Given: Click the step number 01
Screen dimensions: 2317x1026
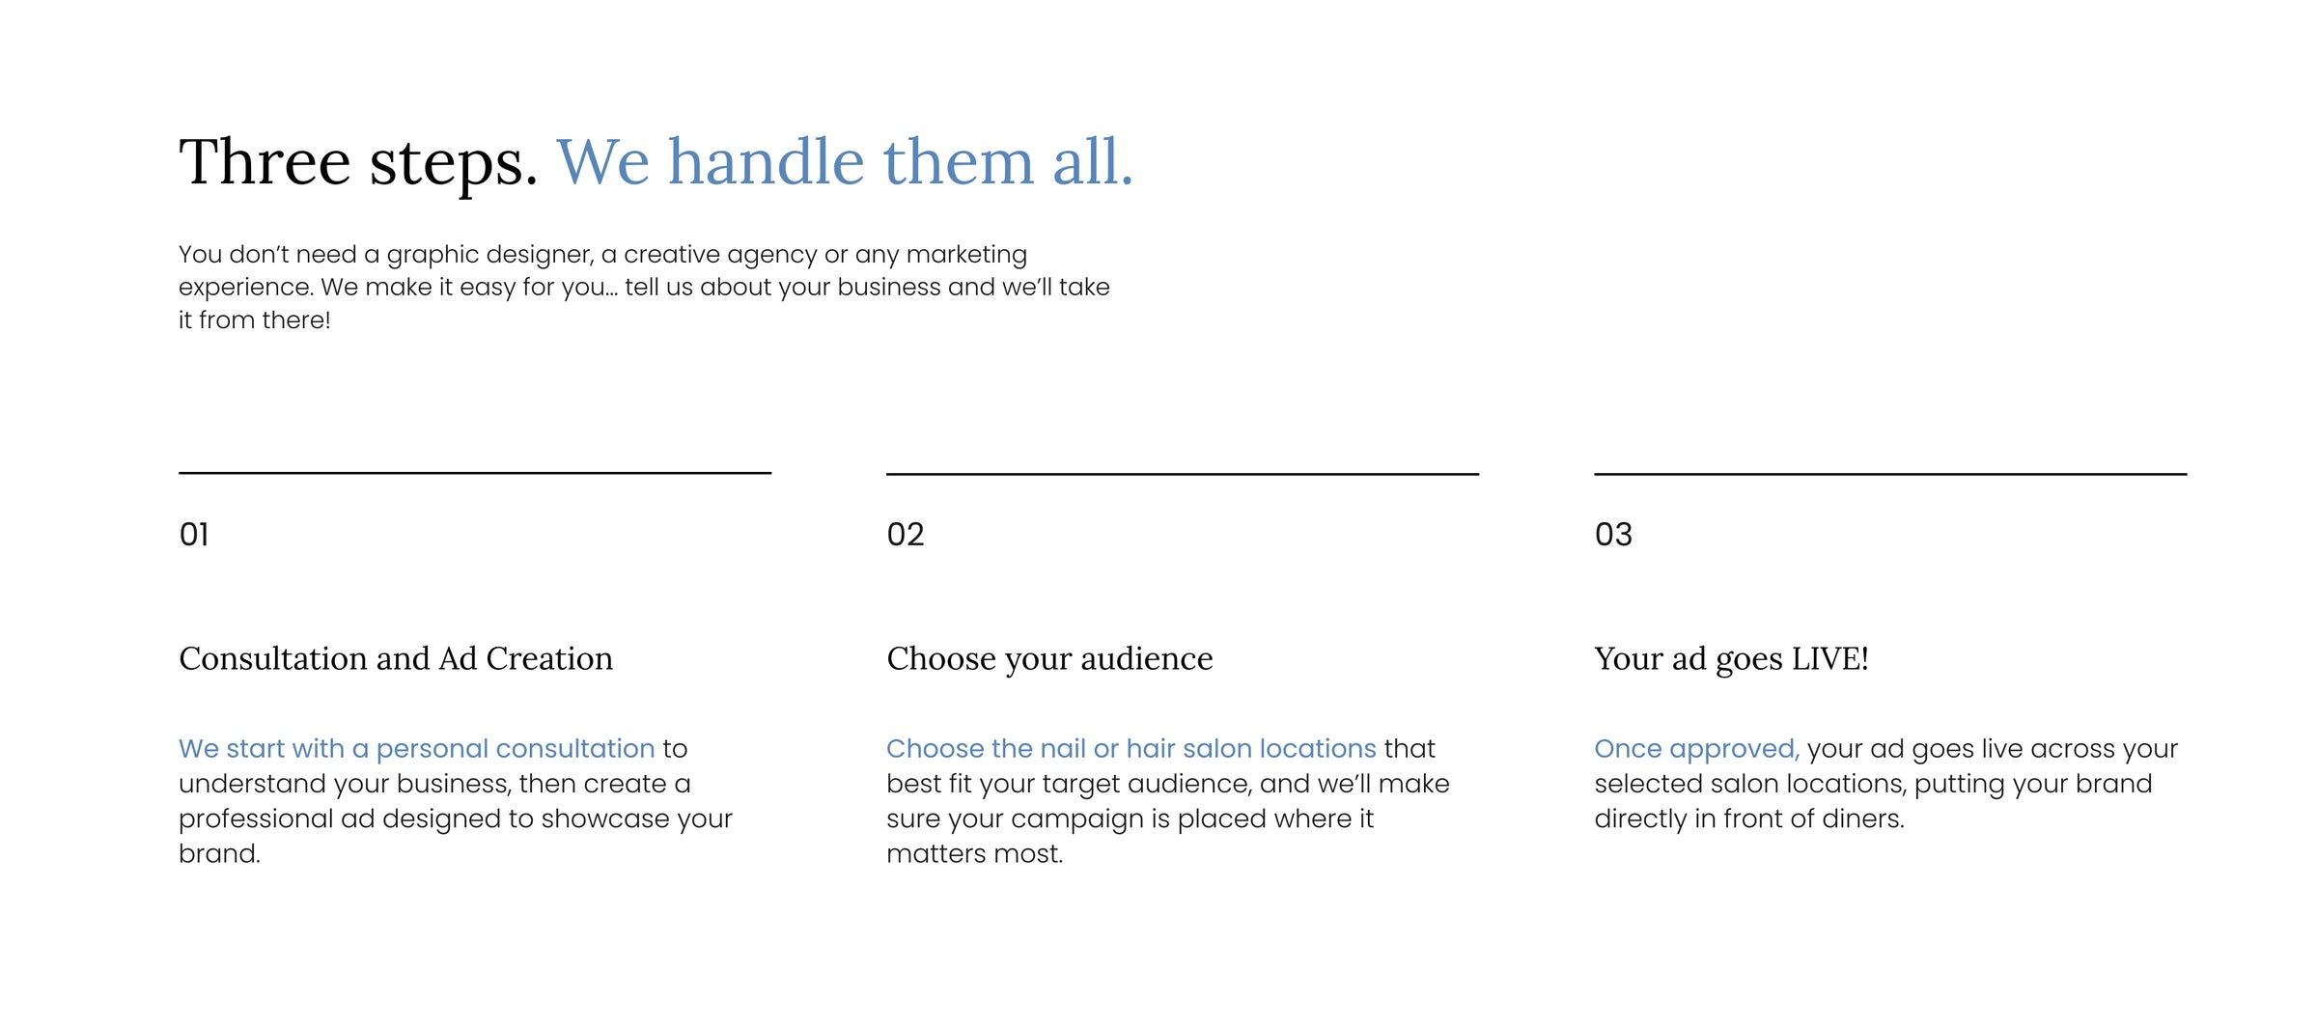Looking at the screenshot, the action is coord(194,534).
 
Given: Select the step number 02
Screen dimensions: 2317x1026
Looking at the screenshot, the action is coord(906,534).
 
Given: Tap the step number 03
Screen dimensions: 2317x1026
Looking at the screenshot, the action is coord(1613,534).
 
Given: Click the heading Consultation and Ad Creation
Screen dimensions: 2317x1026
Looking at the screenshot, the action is coord(396,658).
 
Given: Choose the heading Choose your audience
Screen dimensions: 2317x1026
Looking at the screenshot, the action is coord(1049,659).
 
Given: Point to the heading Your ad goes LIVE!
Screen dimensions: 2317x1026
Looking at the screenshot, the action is coord(1732,659).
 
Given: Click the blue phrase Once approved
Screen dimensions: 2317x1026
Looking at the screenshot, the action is coord(1697,749).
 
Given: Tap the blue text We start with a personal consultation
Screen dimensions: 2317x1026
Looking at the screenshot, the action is coord(417,749).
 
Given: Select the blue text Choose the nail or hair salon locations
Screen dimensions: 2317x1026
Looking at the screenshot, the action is coord(1131,749).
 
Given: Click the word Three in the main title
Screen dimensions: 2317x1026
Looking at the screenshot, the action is coord(265,161).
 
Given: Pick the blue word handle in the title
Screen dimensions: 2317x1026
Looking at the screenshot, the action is coord(767,161).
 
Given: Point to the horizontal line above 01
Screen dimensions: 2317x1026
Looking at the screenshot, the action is coord(475,473).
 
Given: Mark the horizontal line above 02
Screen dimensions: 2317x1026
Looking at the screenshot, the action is coord(1183,474).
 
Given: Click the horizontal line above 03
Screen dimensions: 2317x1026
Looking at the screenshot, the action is coord(1890,474).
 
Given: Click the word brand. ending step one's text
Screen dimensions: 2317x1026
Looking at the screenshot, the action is coord(219,853).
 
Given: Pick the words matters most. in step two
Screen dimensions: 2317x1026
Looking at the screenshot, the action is coord(975,853).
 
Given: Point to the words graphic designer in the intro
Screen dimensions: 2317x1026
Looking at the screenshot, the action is coord(490,255).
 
